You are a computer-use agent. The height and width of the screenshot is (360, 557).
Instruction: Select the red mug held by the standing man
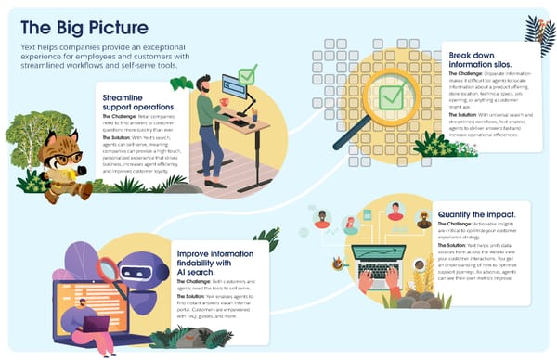pos(225,102)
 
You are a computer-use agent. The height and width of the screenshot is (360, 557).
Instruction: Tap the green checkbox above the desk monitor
pos(247,74)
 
